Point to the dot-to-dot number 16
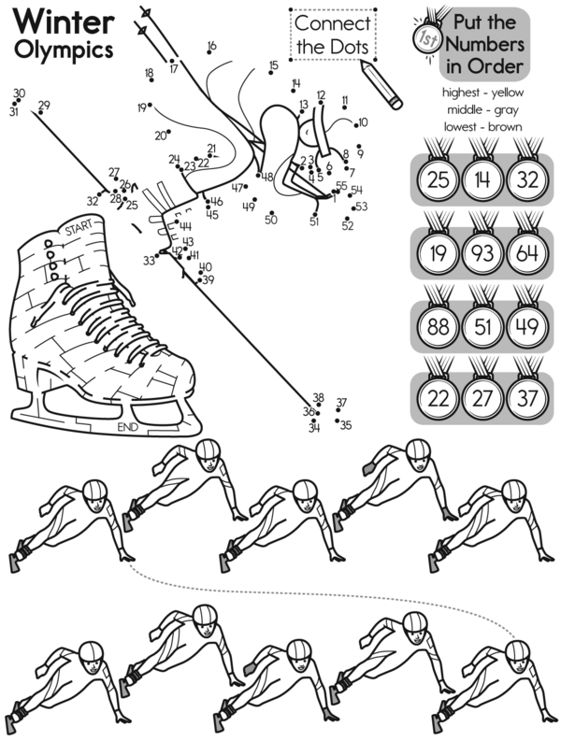coord(211,46)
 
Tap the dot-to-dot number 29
coord(44,105)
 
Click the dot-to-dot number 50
coord(271,220)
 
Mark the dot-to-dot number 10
coord(363,121)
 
